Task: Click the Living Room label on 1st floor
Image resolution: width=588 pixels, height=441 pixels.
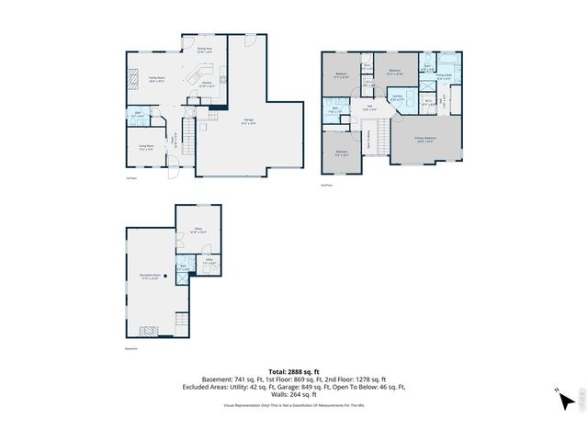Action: pos(145,146)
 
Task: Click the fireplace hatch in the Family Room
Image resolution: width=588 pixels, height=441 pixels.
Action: pos(133,79)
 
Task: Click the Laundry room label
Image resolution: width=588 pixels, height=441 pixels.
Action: pos(397,97)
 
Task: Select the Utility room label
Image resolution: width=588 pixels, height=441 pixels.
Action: pos(209,263)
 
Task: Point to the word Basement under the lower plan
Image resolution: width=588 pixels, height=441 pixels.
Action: pos(130,349)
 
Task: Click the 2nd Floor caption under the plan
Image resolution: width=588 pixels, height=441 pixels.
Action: pos(326,185)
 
